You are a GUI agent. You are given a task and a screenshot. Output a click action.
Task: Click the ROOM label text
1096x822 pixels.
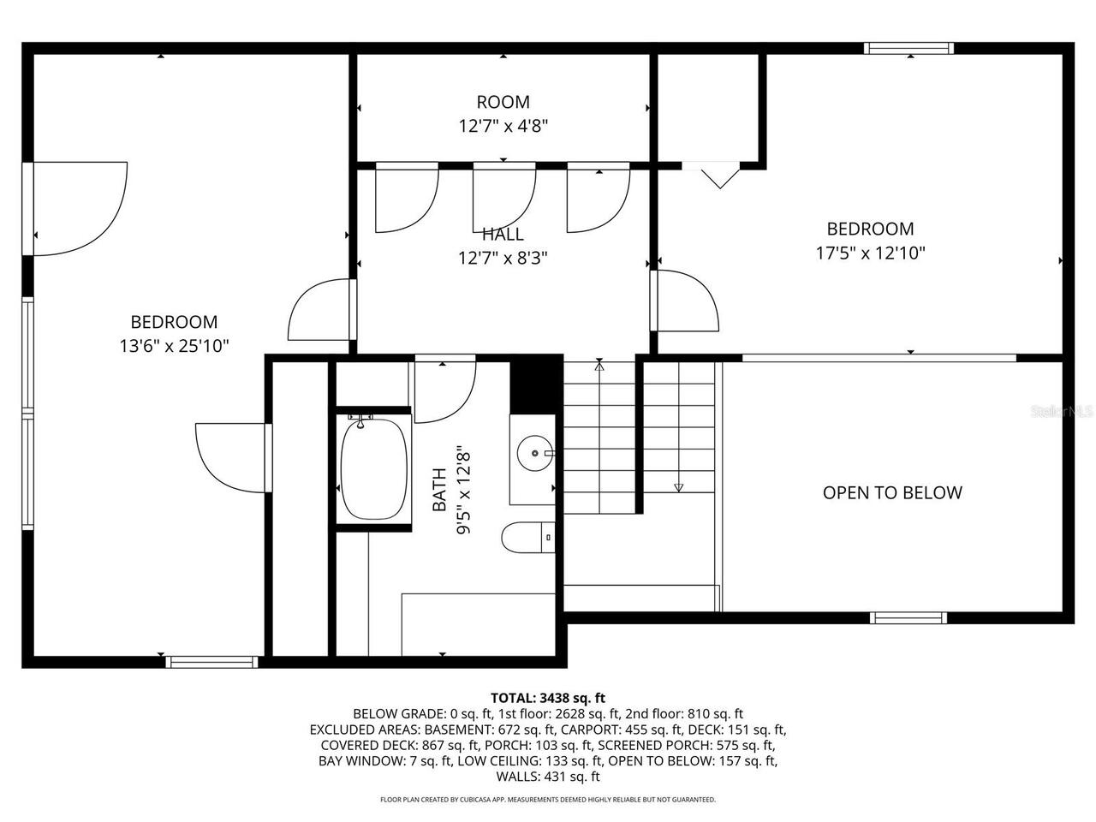pos(503,102)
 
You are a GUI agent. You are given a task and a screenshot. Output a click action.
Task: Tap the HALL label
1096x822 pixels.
pos(503,234)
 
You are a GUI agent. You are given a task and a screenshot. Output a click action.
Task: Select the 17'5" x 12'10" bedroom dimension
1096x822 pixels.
pos(870,253)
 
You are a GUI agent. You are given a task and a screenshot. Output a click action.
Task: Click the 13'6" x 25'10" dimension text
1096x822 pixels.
pos(174,346)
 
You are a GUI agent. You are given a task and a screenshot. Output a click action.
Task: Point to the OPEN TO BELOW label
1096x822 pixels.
pos(892,492)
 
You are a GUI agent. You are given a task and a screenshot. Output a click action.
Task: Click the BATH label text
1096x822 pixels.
pos(439,489)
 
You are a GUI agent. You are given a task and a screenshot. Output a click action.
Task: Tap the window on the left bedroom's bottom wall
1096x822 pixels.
pos(211,661)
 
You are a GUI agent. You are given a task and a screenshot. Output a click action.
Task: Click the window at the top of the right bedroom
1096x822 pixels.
pos(908,49)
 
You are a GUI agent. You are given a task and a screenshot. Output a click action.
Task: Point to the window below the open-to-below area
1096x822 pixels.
pos(908,617)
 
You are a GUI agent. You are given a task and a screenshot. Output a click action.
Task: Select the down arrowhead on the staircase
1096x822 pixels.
pos(679,487)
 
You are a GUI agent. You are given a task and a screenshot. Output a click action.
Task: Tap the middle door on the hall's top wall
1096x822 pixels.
pos(503,199)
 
